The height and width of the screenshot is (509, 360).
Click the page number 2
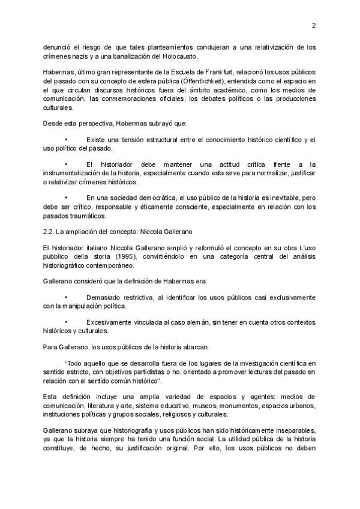pos(313,25)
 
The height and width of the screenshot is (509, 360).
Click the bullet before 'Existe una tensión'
pos(67,140)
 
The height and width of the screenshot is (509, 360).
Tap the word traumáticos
pos(89,215)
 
